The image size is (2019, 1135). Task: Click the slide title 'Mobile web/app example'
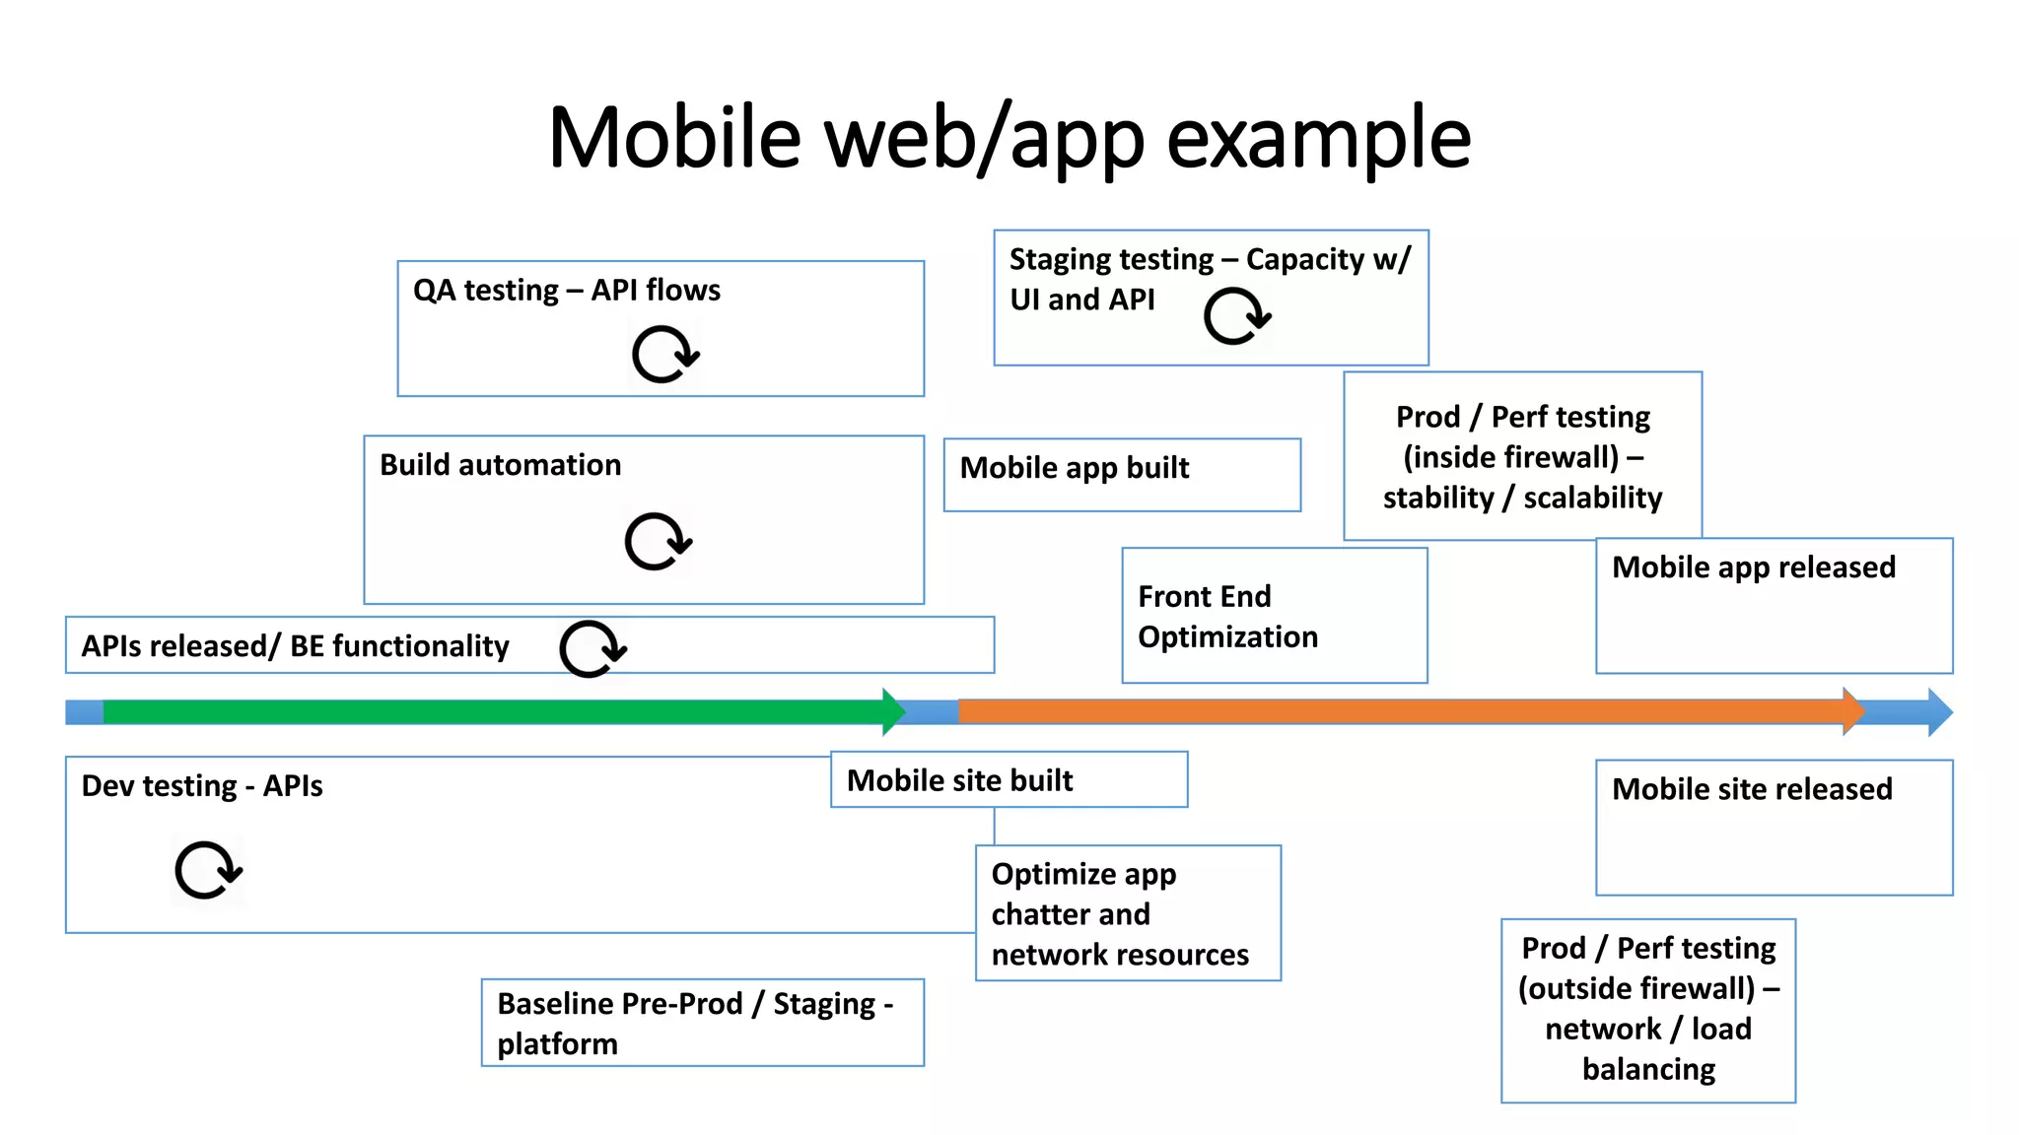[1009, 138]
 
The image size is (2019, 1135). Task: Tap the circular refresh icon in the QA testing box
[664, 355]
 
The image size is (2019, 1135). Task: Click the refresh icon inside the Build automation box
[658, 541]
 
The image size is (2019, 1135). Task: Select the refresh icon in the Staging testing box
[1236, 316]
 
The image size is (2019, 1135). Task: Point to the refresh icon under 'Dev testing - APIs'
[207, 870]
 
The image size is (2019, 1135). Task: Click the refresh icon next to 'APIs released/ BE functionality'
[592, 648]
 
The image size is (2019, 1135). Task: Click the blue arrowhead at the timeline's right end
[1938, 711]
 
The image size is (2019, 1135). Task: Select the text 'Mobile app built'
[1074, 468]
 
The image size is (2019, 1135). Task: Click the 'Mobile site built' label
[959, 780]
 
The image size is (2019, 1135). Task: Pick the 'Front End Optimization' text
[1226, 617]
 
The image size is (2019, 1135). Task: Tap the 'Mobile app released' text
[1753, 567]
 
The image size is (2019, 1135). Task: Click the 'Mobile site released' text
[1751, 789]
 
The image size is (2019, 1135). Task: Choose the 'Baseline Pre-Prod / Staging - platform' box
[702, 1023]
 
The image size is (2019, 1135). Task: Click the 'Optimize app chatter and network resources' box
[1127, 913]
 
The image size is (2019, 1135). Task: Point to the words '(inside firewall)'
[1510, 457]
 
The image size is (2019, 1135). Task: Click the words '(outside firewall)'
[1636, 988]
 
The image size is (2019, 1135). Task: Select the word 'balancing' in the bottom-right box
[1648, 1069]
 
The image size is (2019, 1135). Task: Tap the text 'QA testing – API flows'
[566, 291]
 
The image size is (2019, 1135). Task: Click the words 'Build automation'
[500, 465]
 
